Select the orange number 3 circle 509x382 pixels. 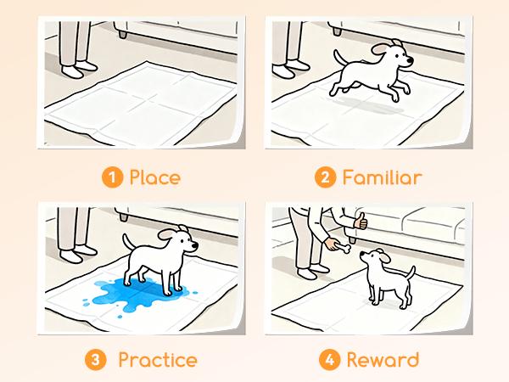(x=98, y=360)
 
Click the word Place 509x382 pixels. (x=154, y=178)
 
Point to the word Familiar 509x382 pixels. (x=382, y=178)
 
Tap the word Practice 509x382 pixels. (x=158, y=360)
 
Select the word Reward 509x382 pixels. (x=383, y=360)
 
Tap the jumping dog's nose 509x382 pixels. (x=411, y=61)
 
